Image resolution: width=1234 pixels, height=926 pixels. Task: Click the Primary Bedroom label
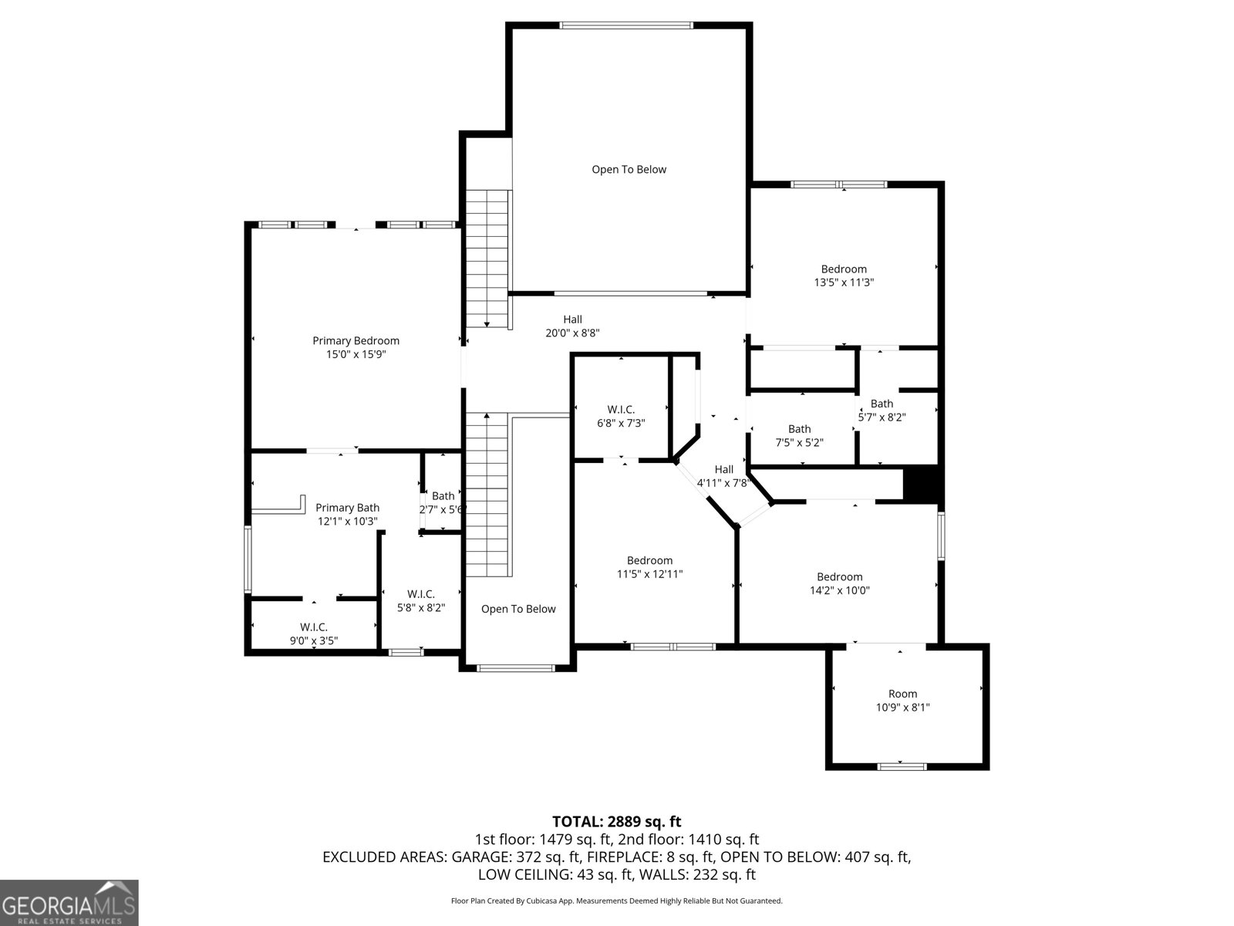coord(356,340)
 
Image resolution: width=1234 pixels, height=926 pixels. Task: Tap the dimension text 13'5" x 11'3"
coord(844,282)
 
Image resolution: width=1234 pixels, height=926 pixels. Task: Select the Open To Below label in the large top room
coord(629,170)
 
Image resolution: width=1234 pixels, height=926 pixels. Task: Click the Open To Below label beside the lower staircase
coord(518,609)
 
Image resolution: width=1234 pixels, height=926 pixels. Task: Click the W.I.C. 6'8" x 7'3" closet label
coord(621,416)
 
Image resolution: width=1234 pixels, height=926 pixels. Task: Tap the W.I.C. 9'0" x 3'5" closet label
coord(314,634)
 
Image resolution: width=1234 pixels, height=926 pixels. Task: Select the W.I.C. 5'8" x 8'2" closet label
coord(421,600)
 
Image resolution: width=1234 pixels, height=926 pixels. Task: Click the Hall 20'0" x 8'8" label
coord(572,326)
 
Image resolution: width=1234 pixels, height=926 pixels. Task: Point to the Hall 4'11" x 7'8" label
coord(723,476)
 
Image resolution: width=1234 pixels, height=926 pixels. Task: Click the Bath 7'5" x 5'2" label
coord(800,435)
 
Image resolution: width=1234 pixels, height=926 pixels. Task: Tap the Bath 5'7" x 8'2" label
coord(882,410)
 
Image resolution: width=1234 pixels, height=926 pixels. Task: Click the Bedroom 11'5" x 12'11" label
coord(649,567)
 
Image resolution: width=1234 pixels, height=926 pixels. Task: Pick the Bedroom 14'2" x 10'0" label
coord(839,583)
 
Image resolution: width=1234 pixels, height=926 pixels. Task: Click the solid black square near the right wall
coord(922,485)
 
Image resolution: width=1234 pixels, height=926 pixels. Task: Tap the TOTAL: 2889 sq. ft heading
coord(616,822)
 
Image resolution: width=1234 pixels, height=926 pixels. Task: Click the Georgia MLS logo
coord(69,902)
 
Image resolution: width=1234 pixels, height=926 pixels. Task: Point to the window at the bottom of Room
coord(902,766)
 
